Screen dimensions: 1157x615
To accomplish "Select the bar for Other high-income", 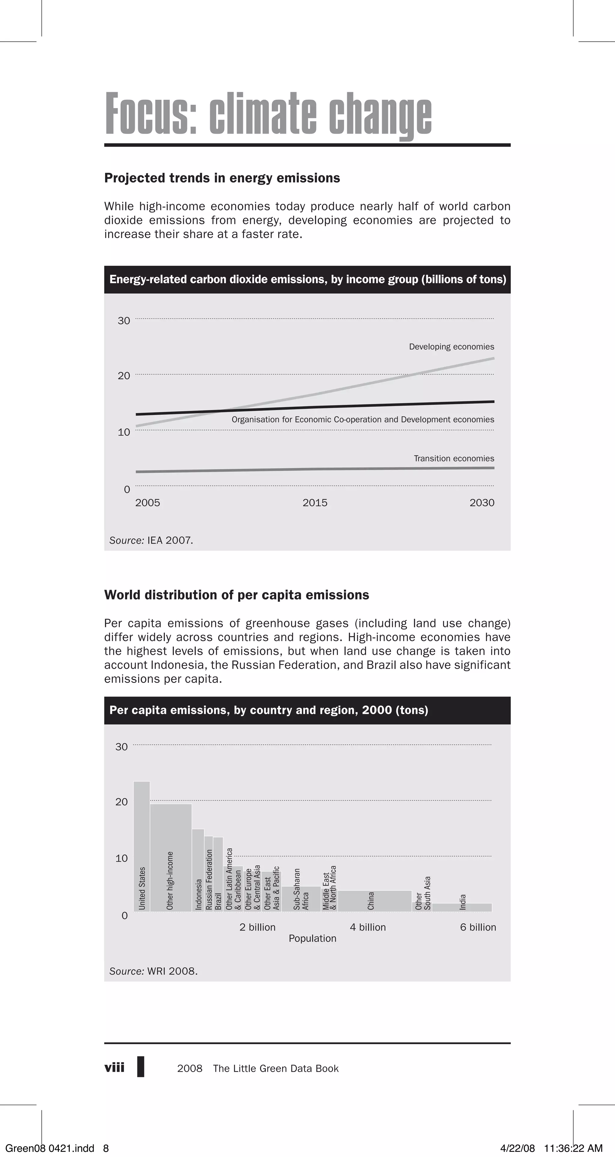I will pos(171,858).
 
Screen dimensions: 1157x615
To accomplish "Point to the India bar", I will pos(462,907).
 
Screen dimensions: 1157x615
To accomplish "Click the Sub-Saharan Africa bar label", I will pos(301,889).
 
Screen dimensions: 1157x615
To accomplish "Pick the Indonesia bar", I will pos(198,871).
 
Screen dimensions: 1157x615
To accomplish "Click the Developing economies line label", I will pos(451,347).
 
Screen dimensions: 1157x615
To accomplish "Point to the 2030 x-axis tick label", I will pos(482,503).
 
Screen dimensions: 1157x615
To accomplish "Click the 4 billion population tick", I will pos(368,927).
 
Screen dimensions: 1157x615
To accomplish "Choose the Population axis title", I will pos(312,938).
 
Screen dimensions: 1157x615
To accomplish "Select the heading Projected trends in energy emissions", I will pos(222,178).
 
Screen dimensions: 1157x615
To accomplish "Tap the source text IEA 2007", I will pos(169,540).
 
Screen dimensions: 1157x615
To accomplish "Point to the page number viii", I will pos(114,1067).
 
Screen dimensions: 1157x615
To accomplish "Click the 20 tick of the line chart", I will pos(124,376).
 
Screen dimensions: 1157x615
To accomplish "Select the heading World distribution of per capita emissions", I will pos(236,595).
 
